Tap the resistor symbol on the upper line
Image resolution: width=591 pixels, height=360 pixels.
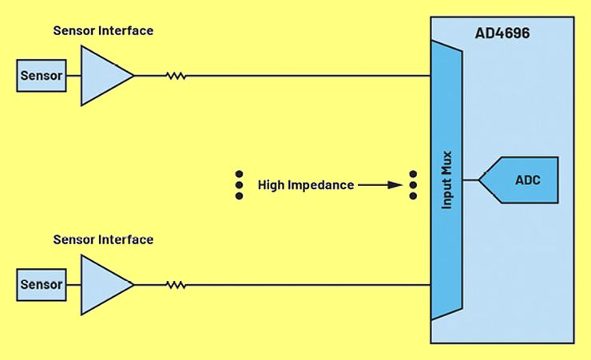pyautogui.click(x=175, y=77)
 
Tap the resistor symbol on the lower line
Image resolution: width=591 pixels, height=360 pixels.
pyautogui.click(x=175, y=285)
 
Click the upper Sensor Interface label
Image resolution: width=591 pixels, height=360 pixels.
pyautogui.click(x=103, y=31)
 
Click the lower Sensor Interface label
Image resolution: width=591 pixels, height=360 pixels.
pyautogui.click(x=103, y=239)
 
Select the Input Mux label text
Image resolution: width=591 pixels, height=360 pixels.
pyautogui.click(x=448, y=180)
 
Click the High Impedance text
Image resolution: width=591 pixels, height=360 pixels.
pyautogui.click(x=305, y=185)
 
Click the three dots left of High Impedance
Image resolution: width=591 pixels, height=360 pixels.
pyautogui.click(x=239, y=184)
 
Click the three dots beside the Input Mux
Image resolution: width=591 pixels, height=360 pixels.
pyautogui.click(x=413, y=184)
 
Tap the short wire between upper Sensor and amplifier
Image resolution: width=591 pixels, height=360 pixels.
pyautogui.click(x=74, y=77)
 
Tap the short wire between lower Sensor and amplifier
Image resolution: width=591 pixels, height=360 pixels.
pyautogui.click(x=74, y=285)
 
